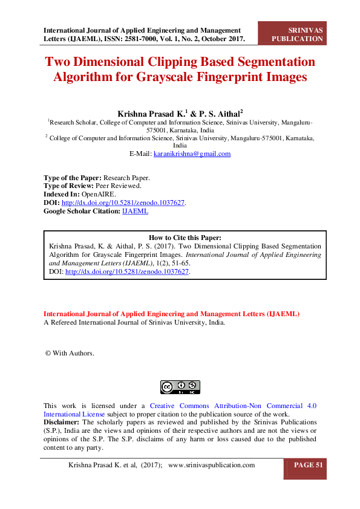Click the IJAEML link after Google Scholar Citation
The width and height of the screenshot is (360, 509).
(x=135, y=212)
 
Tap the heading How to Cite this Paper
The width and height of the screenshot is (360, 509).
(x=185, y=238)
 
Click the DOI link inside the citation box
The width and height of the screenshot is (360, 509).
(x=127, y=272)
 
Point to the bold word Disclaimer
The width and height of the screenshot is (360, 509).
(x=61, y=422)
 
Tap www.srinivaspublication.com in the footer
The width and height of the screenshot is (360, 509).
(x=211, y=465)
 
